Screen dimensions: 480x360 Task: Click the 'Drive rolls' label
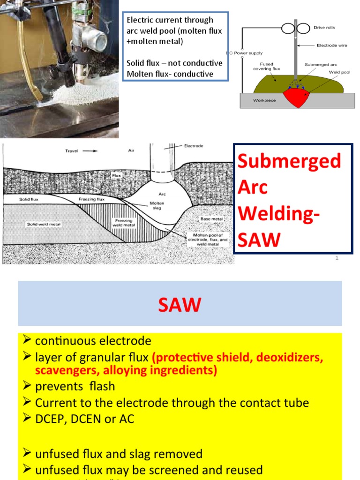[325, 28]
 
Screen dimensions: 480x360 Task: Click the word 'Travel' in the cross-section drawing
[72, 151]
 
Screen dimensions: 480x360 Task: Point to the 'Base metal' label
[211, 219]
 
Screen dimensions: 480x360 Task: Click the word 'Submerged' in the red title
[289, 161]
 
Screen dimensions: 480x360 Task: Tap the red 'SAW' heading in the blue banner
[180, 305]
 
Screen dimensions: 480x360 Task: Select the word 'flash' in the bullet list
[98, 387]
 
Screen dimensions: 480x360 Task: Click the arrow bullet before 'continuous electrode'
[27, 341]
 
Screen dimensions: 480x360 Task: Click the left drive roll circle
[288, 28]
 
